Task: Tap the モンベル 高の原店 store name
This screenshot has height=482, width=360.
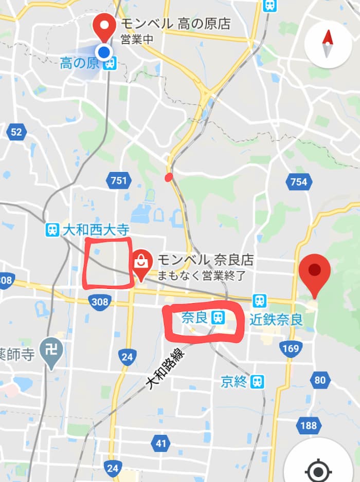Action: (175, 24)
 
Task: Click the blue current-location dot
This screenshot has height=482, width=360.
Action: (104, 51)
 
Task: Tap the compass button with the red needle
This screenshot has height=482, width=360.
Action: (328, 44)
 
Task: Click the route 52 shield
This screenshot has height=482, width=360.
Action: (16, 132)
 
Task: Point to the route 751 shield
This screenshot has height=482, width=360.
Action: (118, 180)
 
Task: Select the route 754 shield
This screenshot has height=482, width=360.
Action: (298, 181)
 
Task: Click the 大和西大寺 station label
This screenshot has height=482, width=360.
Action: (87, 230)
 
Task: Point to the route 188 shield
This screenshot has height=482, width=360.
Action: (308, 425)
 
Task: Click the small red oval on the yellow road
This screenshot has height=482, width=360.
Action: (168, 178)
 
